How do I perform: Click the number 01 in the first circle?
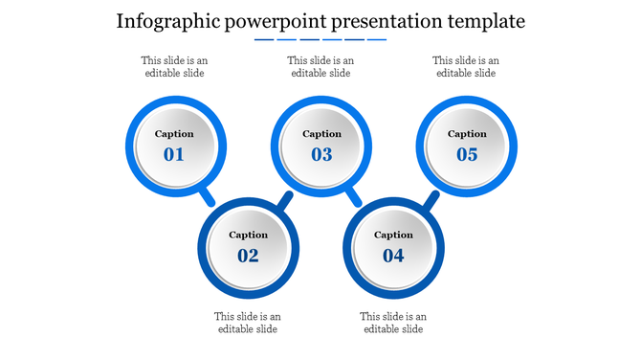[174, 154]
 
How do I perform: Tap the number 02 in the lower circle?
[248, 255]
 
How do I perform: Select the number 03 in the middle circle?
[321, 154]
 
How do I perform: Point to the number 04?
[393, 255]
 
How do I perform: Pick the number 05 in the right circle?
[467, 154]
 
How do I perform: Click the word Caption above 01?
[174, 134]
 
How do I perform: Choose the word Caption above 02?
[248, 235]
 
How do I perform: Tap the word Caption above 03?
[321, 134]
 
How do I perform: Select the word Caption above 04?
[393, 235]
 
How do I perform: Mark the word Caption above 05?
[467, 134]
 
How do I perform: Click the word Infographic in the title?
[166, 21]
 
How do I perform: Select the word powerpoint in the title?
[275, 21]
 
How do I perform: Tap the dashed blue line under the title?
[320, 40]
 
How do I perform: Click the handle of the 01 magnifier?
[207, 197]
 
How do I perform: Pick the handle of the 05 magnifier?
[431, 200]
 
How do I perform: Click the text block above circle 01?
[174, 66]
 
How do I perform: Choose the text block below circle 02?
[248, 323]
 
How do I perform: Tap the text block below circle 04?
[393, 323]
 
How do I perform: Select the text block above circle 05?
[466, 66]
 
